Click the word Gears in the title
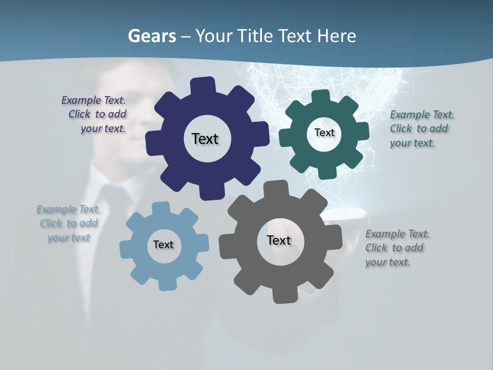point(151,36)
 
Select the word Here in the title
point(336,36)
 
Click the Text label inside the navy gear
point(205,139)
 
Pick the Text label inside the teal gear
point(324,133)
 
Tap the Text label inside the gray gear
point(279,240)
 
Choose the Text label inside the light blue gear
point(163,245)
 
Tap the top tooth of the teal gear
point(321,97)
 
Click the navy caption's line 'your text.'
point(103,128)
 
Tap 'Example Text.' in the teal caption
point(422,115)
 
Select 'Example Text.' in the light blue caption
point(68,209)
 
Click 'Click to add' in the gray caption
point(394,248)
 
